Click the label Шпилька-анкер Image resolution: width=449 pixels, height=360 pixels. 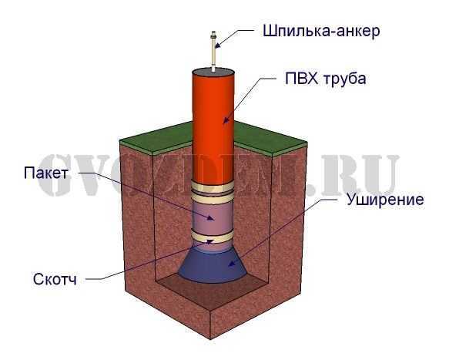[x=321, y=31]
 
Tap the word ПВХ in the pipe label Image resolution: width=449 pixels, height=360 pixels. [x=302, y=79]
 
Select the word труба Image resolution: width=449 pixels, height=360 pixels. [x=345, y=79]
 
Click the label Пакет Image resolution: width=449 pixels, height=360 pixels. [x=46, y=173]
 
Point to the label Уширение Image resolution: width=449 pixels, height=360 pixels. [x=385, y=199]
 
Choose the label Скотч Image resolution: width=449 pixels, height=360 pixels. [x=55, y=279]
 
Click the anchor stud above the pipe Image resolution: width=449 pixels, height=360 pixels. [x=213, y=51]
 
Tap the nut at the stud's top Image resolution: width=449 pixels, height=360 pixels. [x=213, y=36]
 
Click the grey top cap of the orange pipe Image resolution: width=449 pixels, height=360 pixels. [x=213, y=72]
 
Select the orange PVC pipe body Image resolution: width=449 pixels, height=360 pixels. [x=213, y=127]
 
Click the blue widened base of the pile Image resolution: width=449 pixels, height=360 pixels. [x=213, y=265]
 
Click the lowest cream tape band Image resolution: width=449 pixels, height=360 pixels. [x=213, y=237]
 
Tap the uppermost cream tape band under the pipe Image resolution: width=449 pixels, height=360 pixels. [x=213, y=187]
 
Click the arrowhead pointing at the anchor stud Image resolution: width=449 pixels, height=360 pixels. [x=218, y=45]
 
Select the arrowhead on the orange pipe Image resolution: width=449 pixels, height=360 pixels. [x=226, y=120]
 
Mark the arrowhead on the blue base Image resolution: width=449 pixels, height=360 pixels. [x=232, y=263]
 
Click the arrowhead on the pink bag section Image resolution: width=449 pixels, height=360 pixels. [x=210, y=218]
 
